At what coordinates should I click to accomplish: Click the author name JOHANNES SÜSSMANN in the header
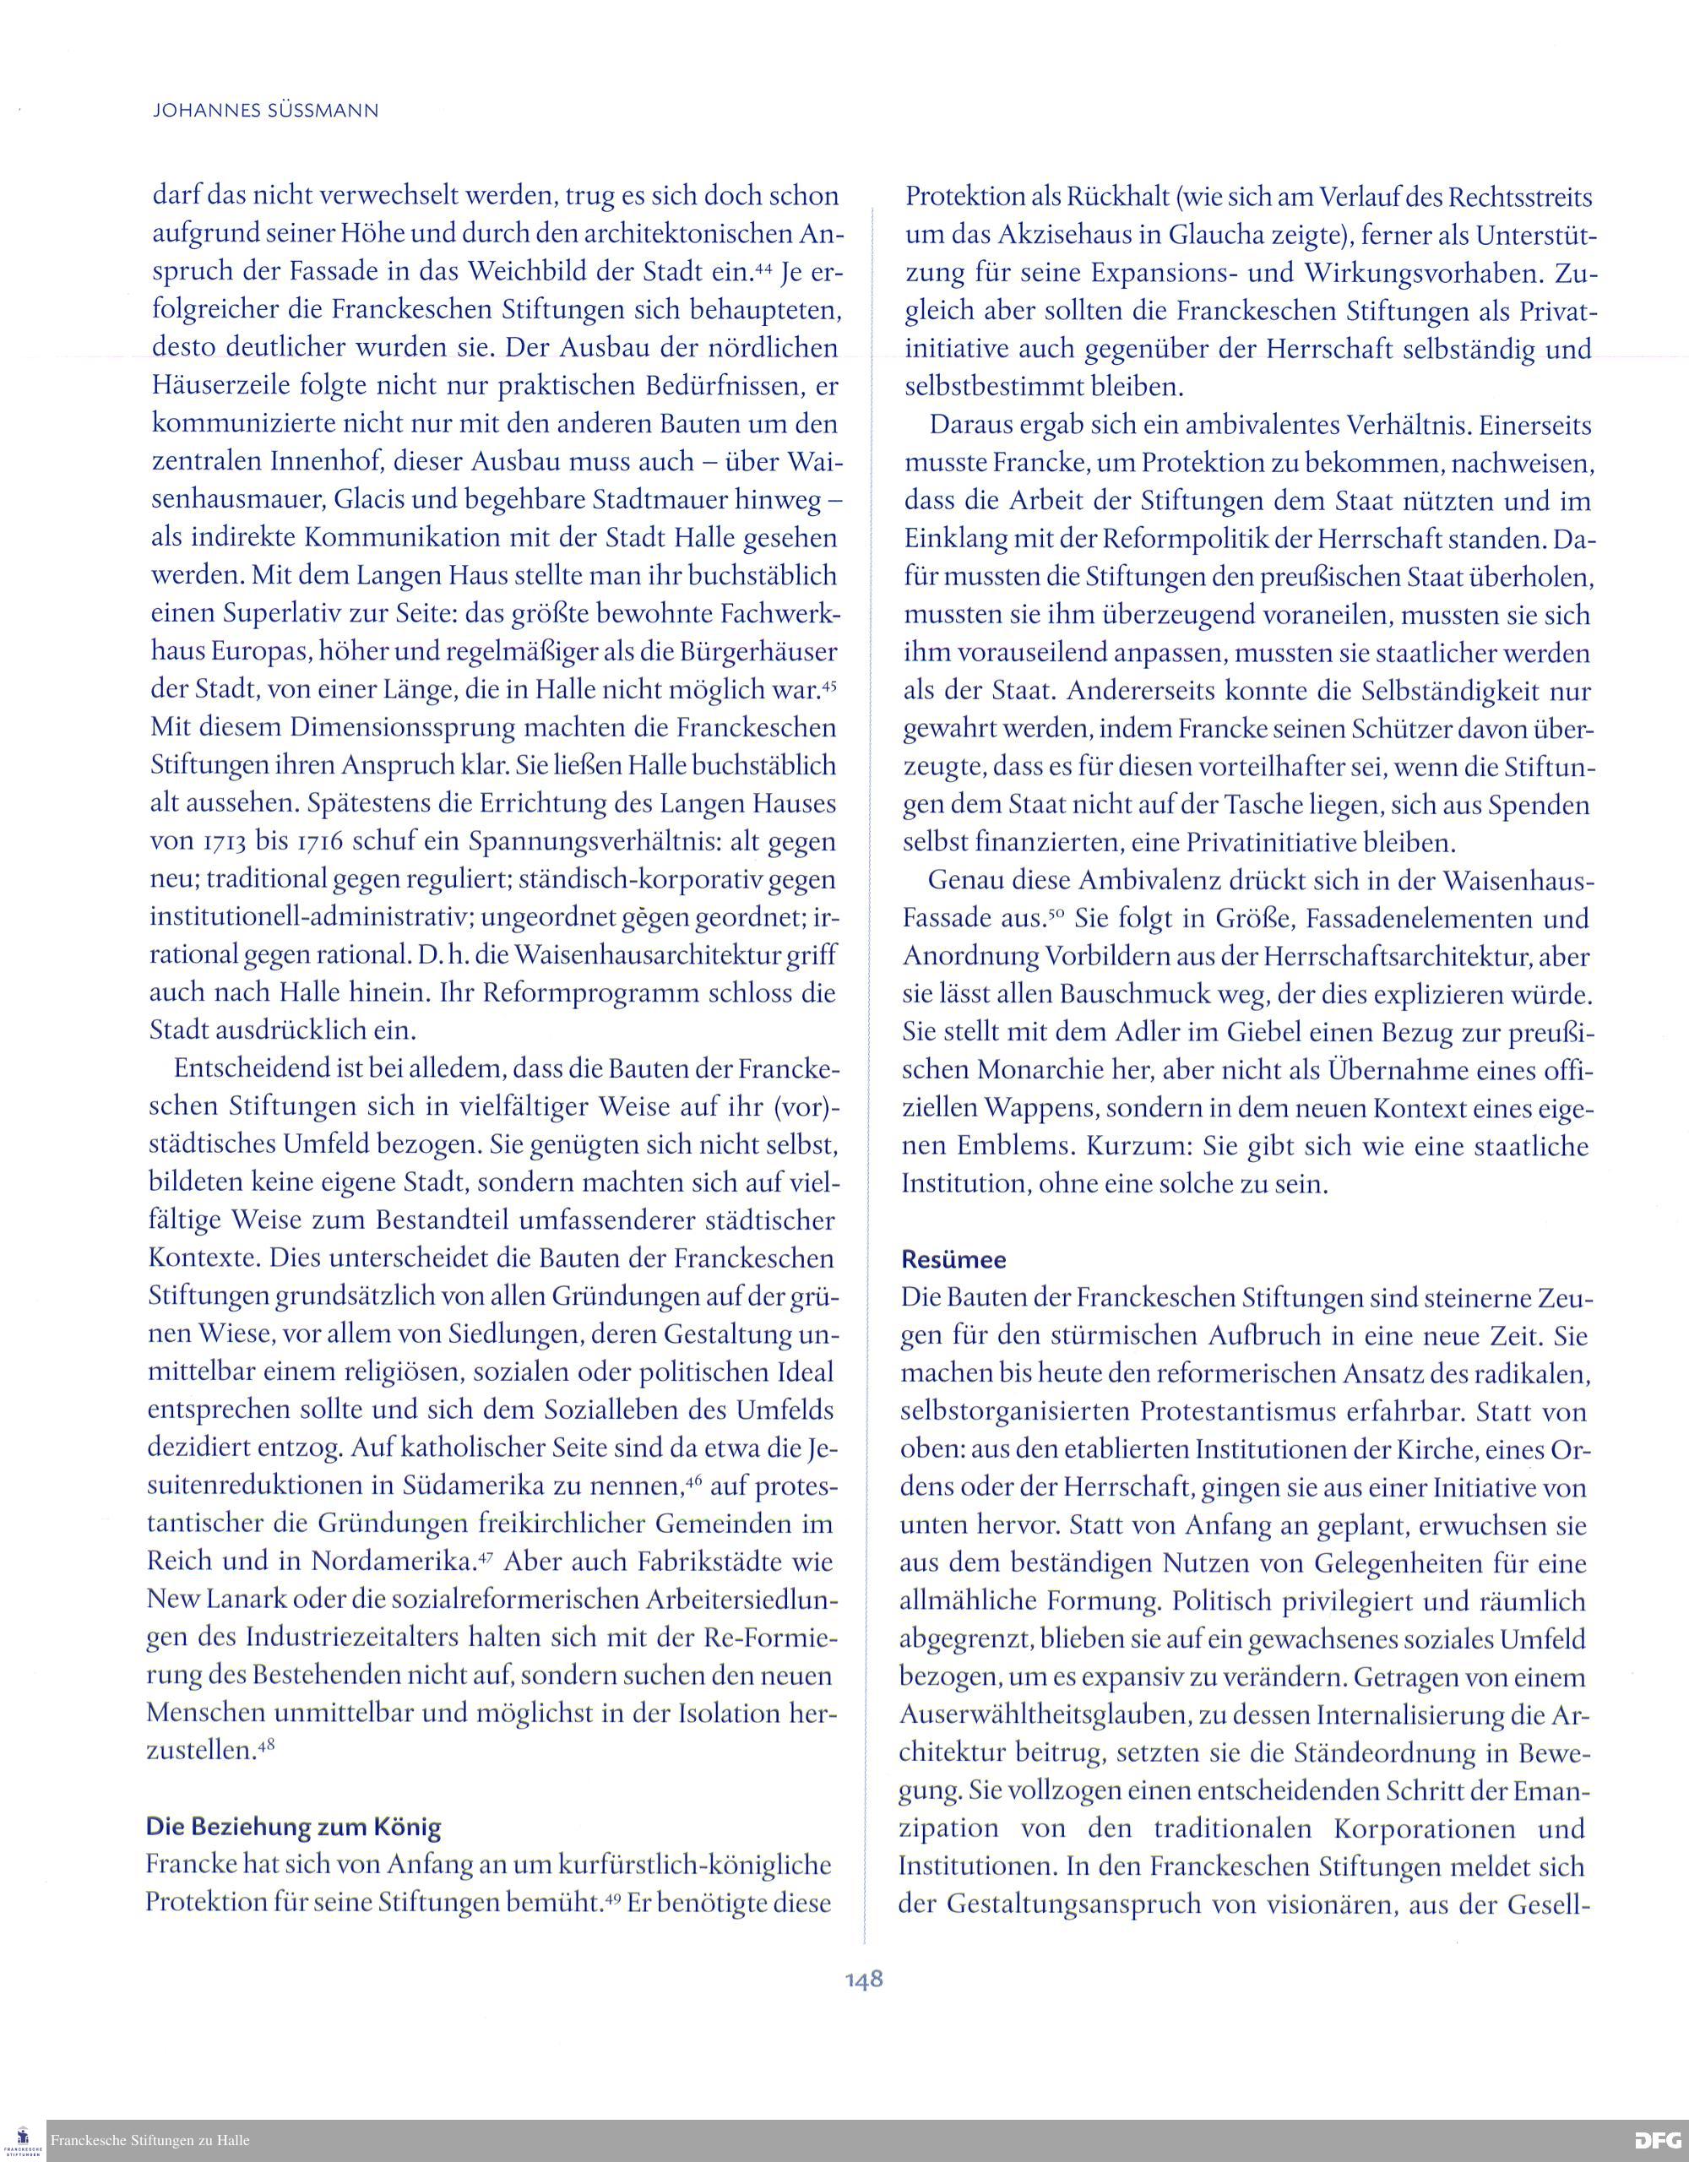pos(265,111)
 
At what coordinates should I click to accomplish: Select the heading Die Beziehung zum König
pos(293,1827)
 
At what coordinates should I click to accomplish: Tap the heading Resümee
pos(953,1259)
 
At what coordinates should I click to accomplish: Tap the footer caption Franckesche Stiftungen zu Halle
pos(149,2139)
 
